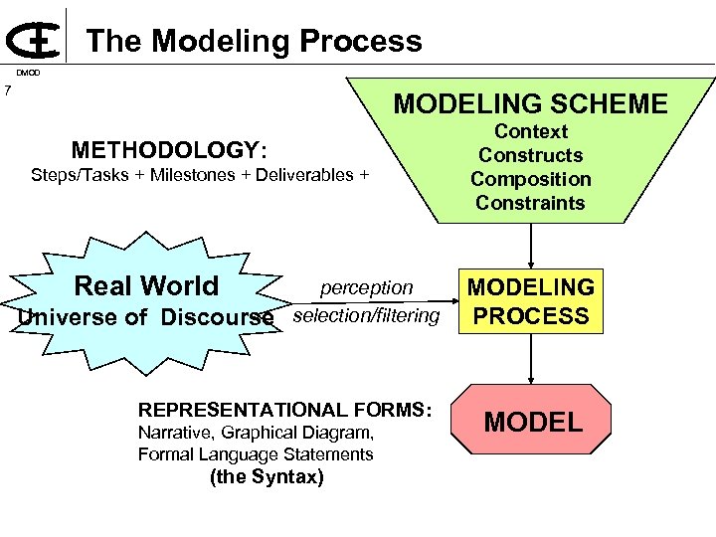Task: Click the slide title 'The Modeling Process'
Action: tap(254, 41)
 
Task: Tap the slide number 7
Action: tap(7, 91)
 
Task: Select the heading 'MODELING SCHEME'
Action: tap(530, 103)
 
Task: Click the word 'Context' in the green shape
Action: tap(530, 131)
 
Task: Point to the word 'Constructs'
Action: tap(530, 155)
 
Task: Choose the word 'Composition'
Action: tap(530, 179)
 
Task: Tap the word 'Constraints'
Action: tap(530, 203)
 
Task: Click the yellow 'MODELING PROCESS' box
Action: tap(531, 301)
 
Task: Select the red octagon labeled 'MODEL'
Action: tap(532, 422)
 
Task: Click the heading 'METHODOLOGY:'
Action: tap(169, 150)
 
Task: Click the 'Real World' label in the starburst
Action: tap(146, 285)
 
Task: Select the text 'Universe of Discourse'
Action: tap(145, 317)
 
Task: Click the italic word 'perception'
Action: tap(366, 287)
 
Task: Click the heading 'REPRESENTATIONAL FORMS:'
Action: tap(285, 410)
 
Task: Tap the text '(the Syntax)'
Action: tap(266, 476)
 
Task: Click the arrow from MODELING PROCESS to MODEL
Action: tap(532, 359)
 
